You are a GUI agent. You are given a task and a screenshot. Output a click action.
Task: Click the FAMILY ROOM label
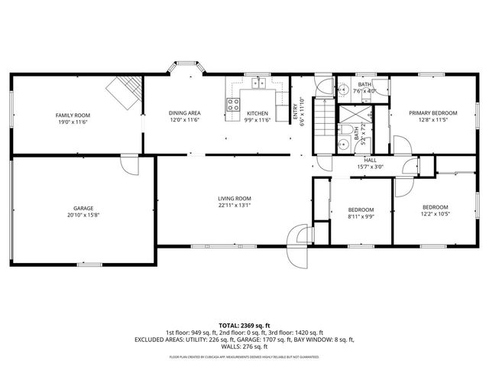(73, 115)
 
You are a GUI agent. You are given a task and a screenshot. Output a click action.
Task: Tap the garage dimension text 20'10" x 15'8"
(83, 215)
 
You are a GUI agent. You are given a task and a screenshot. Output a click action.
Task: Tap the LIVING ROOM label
(234, 198)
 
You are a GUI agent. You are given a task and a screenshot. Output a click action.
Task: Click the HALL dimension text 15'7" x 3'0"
(370, 167)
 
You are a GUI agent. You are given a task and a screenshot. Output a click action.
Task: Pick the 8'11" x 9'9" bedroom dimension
(361, 216)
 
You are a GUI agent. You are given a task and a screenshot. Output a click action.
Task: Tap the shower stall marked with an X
(353, 115)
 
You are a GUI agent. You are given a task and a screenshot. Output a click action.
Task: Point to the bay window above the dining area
(184, 70)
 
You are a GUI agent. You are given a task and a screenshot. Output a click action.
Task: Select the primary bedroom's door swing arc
(400, 144)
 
